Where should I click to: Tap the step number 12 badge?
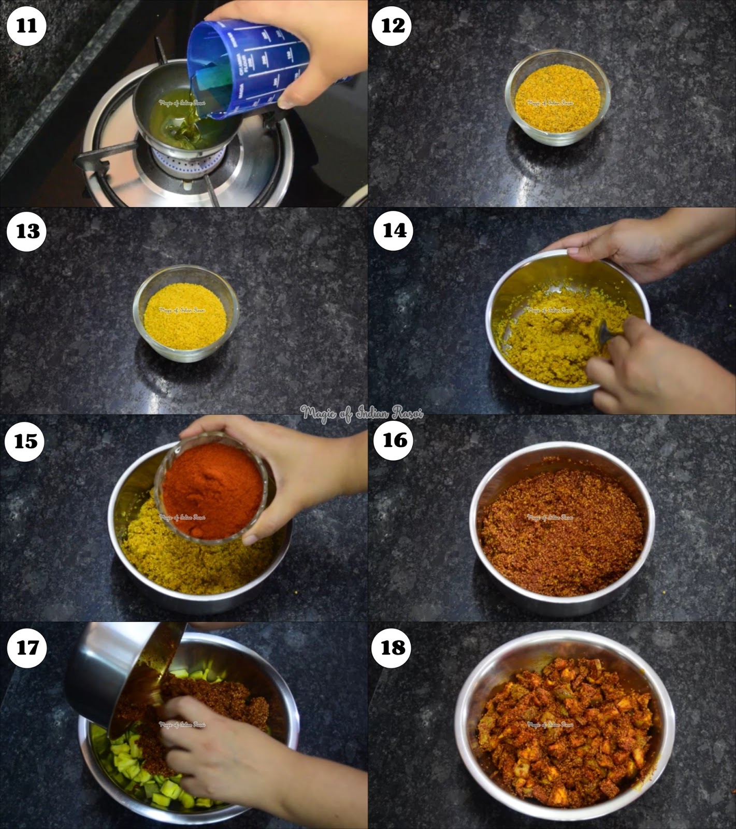pos(393,25)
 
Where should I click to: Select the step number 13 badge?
pos(27,231)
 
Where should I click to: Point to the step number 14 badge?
pos(394,231)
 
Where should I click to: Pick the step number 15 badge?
pos(26,441)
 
